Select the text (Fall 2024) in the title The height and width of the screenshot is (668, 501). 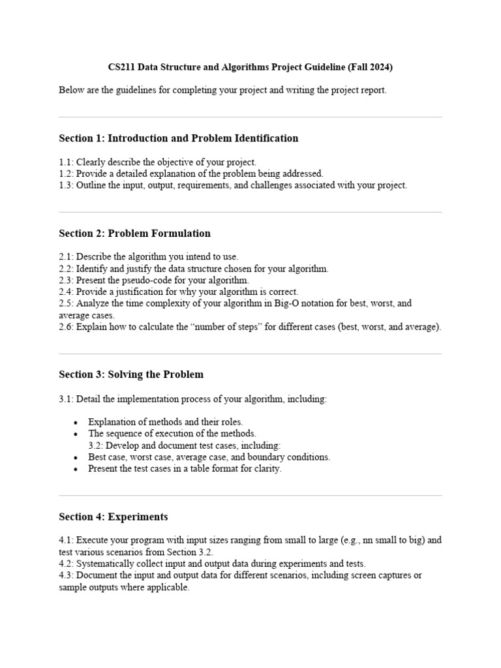coord(371,67)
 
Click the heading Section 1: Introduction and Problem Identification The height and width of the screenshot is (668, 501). coord(178,138)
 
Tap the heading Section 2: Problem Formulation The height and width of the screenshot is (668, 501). coord(134,234)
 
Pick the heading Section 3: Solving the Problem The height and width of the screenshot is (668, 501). coord(131,374)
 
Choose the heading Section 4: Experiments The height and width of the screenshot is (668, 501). coord(113,517)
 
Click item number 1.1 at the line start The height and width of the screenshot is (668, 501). coord(66,162)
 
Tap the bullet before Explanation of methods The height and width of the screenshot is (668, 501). coord(76,422)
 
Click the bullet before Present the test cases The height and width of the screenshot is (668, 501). coord(76,469)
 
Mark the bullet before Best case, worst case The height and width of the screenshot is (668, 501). coord(76,457)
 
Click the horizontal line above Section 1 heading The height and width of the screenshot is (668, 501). coord(250,117)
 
